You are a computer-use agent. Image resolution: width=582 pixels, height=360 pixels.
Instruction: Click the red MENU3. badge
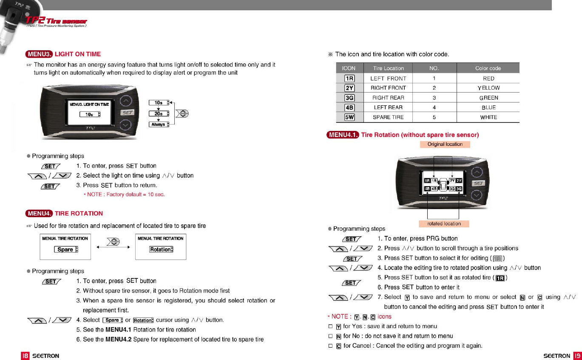click(x=39, y=54)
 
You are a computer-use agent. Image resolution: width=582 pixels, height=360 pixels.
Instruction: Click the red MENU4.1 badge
click(x=343, y=135)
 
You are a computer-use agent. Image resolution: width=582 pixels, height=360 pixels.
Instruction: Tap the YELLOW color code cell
click(x=488, y=88)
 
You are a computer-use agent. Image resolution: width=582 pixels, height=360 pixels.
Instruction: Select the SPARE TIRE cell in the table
click(x=388, y=117)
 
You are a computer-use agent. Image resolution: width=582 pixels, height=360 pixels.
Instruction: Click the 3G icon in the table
click(x=349, y=98)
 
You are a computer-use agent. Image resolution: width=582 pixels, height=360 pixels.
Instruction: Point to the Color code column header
click(x=488, y=68)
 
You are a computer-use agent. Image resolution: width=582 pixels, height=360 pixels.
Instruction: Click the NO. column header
click(x=434, y=68)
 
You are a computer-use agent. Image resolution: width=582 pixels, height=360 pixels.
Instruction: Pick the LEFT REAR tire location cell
click(x=388, y=108)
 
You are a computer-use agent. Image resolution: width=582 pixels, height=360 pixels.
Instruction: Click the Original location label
click(x=445, y=145)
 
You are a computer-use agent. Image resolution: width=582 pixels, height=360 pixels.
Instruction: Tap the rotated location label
click(x=444, y=224)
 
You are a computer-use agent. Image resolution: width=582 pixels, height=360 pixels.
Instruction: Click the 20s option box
click(x=159, y=113)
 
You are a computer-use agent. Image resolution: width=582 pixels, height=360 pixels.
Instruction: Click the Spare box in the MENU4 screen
click(x=66, y=249)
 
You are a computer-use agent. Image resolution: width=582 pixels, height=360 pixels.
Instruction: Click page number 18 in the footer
click(x=26, y=356)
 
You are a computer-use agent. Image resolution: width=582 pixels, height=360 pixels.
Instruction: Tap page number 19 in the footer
click(x=577, y=356)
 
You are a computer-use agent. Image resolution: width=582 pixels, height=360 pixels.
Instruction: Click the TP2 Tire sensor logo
click(x=56, y=21)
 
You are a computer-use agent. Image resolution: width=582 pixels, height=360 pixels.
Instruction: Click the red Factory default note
click(x=124, y=195)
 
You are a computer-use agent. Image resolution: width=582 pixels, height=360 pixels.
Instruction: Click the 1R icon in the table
click(x=349, y=78)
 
